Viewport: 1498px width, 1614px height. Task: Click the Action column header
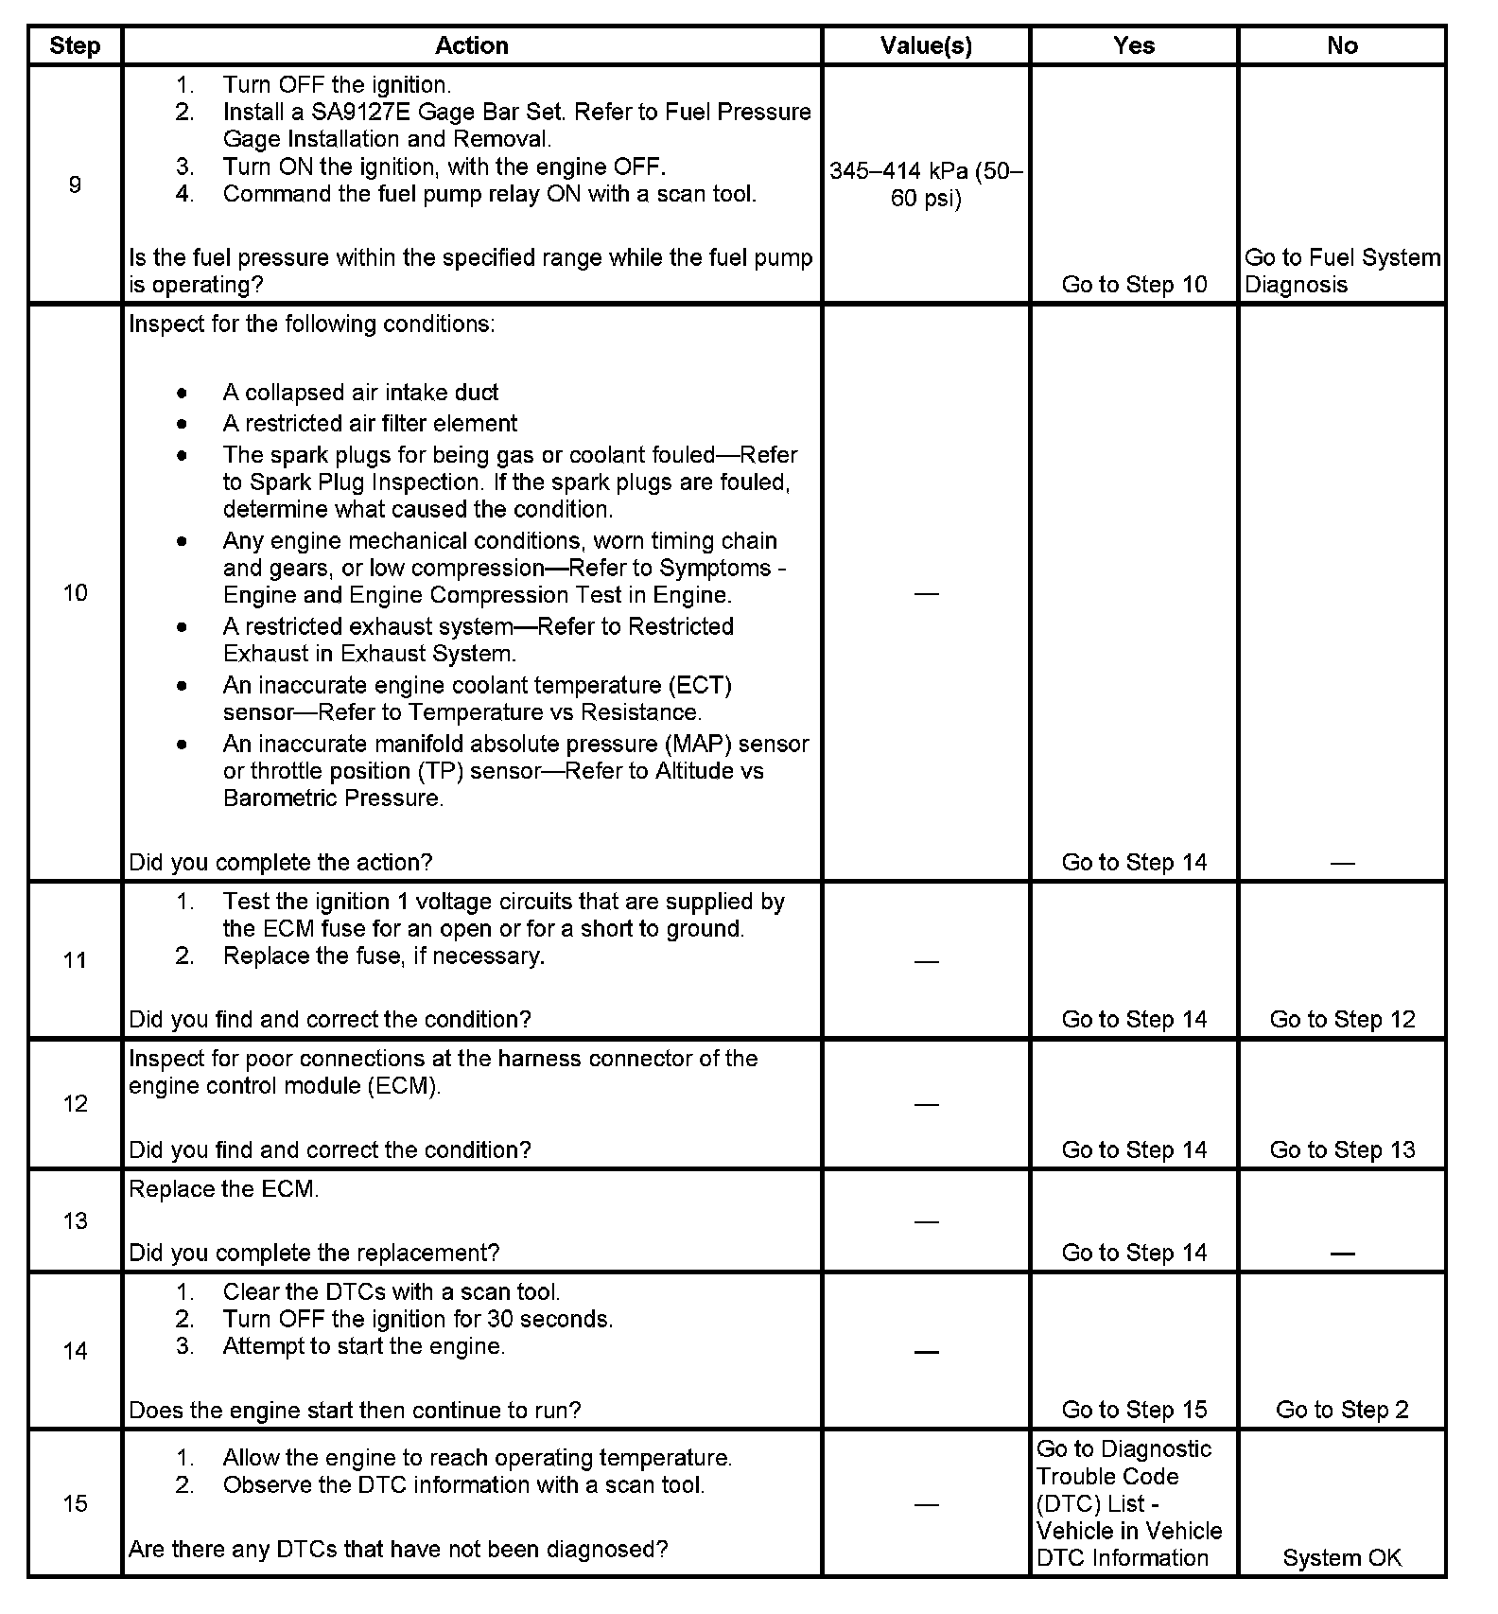[471, 45]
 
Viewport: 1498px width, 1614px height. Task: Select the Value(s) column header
[926, 45]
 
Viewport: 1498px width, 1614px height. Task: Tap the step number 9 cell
[75, 184]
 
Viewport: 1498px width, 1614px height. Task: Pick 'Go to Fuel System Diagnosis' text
[1341, 271]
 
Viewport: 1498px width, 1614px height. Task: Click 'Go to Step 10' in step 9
[1134, 285]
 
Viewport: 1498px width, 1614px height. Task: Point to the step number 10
[75, 593]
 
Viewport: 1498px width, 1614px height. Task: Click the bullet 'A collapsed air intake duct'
[360, 393]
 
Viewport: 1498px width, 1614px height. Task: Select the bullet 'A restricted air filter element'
[370, 424]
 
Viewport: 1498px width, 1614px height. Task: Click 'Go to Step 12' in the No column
[1342, 1019]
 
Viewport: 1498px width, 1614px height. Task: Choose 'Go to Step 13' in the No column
[1342, 1149]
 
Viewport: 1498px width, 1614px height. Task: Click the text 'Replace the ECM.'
[224, 1189]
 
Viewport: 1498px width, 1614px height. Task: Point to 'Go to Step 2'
[1342, 1410]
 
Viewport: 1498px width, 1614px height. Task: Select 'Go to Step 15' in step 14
[1134, 1410]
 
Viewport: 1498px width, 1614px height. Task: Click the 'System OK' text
[1342, 1558]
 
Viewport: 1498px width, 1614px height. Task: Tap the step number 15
[75, 1503]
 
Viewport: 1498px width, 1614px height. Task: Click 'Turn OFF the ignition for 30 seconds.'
[418, 1319]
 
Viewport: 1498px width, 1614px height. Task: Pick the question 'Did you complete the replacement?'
[314, 1253]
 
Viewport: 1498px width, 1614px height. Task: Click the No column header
[1342, 45]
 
